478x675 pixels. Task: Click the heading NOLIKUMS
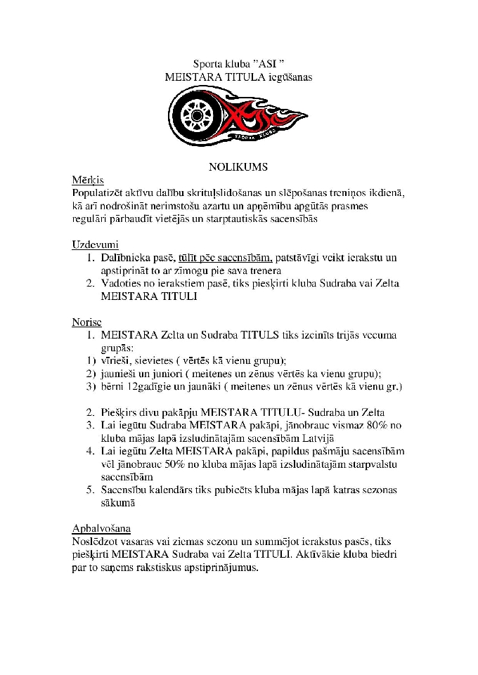[238, 167]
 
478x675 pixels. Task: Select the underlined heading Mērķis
[87, 180]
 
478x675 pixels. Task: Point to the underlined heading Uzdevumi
[95, 244]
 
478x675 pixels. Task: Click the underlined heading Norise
[86, 322]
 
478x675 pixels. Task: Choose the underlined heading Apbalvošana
[101, 527]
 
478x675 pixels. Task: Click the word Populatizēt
[101, 192]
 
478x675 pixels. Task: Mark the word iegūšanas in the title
[290, 77]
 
